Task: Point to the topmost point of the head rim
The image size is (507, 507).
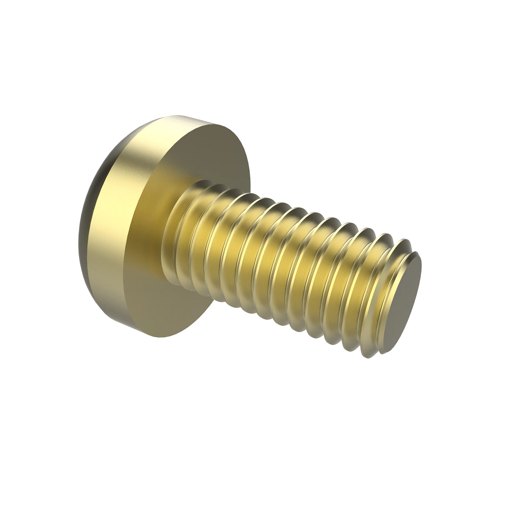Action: (177, 114)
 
